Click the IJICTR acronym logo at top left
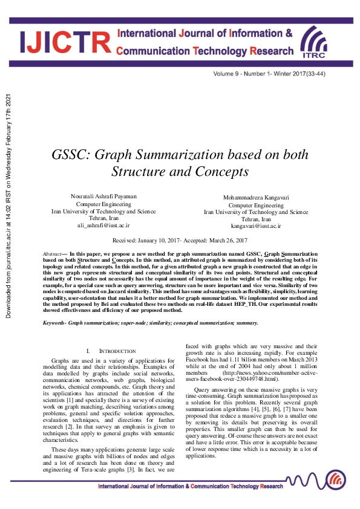[x=65, y=41]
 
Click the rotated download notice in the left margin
[x=8, y=206]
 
